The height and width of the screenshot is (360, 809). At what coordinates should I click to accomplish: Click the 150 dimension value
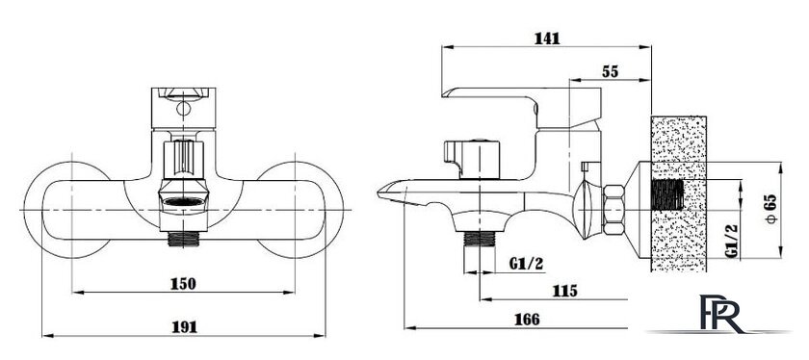(x=183, y=284)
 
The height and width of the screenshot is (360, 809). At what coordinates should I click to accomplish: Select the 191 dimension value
(x=184, y=327)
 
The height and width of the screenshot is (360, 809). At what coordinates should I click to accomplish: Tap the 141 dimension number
(x=547, y=39)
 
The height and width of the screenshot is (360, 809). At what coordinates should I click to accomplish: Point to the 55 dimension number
(x=610, y=72)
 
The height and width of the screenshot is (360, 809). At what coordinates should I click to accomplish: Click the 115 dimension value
(x=565, y=292)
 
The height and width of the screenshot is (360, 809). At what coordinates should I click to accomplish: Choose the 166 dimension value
(x=527, y=320)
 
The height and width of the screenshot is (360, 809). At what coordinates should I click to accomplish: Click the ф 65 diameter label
(x=771, y=210)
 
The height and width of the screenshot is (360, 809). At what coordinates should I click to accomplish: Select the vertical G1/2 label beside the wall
(x=731, y=241)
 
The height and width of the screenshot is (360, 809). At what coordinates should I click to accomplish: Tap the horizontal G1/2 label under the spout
(x=526, y=264)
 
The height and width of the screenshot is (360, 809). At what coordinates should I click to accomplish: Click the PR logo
(x=721, y=314)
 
